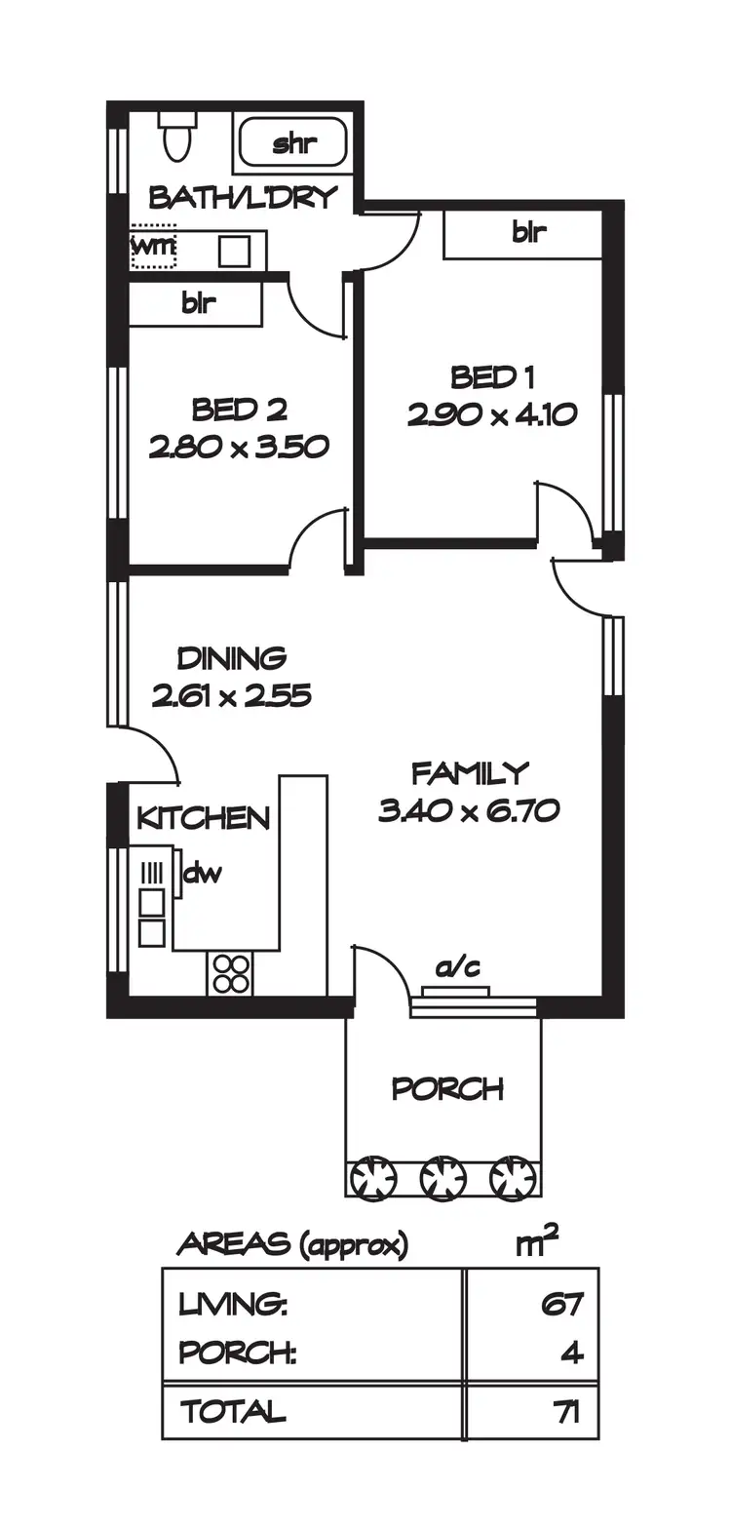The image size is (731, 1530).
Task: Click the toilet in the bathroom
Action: tap(178, 137)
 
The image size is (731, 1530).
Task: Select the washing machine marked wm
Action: tap(153, 249)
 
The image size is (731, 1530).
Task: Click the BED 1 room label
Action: tap(493, 376)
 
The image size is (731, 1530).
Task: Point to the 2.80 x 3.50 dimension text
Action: tap(239, 447)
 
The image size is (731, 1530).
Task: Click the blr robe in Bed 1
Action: tap(528, 233)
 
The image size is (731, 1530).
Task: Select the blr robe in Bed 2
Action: tap(198, 302)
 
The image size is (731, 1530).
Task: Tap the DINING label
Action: tap(231, 658)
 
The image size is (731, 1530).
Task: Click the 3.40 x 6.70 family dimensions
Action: tap(469, 810)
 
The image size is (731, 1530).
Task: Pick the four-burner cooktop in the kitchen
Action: tap(232, 971)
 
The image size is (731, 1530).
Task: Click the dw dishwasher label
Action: tap(203, 873)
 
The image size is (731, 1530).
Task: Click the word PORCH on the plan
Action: tap(447, 1087)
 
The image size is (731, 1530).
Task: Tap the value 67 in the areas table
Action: tap(561, 1303)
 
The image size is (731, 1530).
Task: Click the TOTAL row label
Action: tap(233, 1410)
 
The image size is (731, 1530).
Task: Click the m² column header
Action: tap(536, 1243)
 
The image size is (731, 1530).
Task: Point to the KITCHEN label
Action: tap(203, 817)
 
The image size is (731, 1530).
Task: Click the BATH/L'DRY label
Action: tap(243, 198)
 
